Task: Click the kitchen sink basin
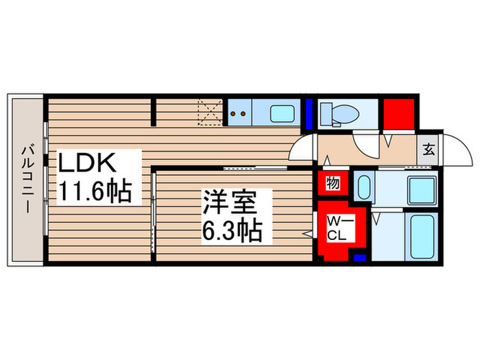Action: (x=280, y=112)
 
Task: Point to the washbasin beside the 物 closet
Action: (x=364, y=186)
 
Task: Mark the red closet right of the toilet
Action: (x=398, y=115)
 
